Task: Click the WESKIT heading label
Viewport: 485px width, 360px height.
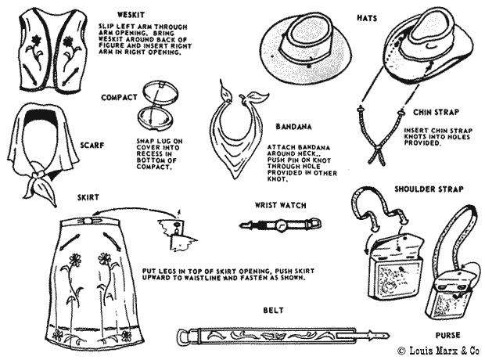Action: click(x=131, y=15)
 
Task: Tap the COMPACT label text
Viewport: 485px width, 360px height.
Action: click(x=119, y=98)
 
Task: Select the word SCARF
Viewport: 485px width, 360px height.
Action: click(x=92, y=145)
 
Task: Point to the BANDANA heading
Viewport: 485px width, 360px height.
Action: click(x=293, y=126)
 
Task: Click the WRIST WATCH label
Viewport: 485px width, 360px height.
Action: click(x=281, y=205)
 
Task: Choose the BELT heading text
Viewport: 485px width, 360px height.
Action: click(x=273, y=310)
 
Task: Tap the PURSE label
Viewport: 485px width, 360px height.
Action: click(x=447, y=335)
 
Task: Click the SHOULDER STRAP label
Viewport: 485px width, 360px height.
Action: click(x=429, y=189)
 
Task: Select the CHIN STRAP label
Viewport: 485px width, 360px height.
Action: click(x=436, y=112)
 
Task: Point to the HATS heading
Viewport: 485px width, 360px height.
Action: click(x=367, y=18)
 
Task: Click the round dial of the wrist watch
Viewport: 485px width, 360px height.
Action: click(x=281, y=225)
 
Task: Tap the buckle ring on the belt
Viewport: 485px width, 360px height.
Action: click(x=181, y=336)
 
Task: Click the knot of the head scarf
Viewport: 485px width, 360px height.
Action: click(x=38, y=175)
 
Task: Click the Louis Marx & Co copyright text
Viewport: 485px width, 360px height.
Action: click(x=438, y=351)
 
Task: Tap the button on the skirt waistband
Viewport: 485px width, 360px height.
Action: click(x=88, y=221)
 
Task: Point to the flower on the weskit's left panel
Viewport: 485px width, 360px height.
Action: click(x=37, y=40)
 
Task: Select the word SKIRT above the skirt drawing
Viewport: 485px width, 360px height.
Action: click(x=88, y=197)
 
